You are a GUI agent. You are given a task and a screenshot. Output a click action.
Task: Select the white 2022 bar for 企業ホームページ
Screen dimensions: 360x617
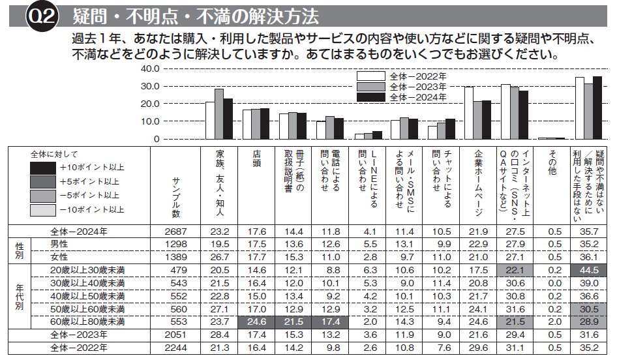tap(469, 112)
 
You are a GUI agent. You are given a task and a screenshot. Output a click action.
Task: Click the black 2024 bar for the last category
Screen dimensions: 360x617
tap(597, 108)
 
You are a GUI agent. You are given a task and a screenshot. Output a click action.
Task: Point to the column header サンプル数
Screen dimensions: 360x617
tap(176, 196)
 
